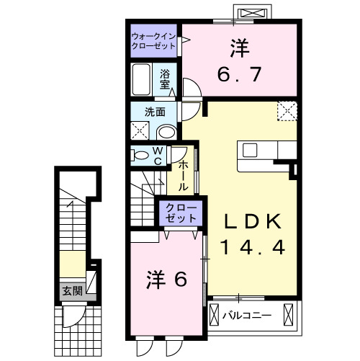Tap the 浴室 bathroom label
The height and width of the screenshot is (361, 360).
(x=165, y=79)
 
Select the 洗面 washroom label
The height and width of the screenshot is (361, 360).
(x=155, y=112)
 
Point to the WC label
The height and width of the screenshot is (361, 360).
(x=158, y=156)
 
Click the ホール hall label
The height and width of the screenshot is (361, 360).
(x=183, y=175)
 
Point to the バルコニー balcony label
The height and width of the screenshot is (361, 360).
(x=246, y=316)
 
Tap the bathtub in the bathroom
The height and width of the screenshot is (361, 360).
(x=141, y=79)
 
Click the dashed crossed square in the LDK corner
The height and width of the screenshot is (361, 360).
(x=289, y=111)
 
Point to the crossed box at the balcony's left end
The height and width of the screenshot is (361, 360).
(x=215, y=316)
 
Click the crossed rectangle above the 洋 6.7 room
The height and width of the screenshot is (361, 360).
(x=253, y=14)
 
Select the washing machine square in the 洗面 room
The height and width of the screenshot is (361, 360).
(x=140, y=130)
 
